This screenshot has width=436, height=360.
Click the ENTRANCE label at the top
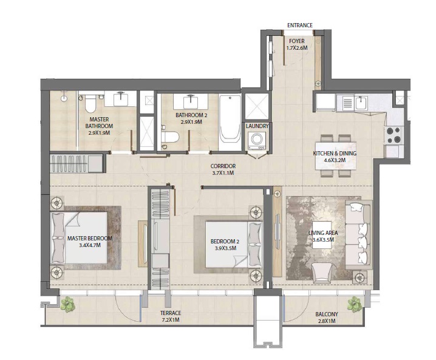pos(299,25)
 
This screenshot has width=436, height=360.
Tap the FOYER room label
pos(297,41)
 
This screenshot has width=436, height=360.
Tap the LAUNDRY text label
pos(257,126)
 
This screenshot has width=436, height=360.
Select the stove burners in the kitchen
pos(393,134)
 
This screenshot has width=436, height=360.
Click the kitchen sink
pos(361,102)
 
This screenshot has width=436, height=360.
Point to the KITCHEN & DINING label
pos(335,154)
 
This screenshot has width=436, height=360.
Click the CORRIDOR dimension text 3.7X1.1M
pos(223,174)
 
